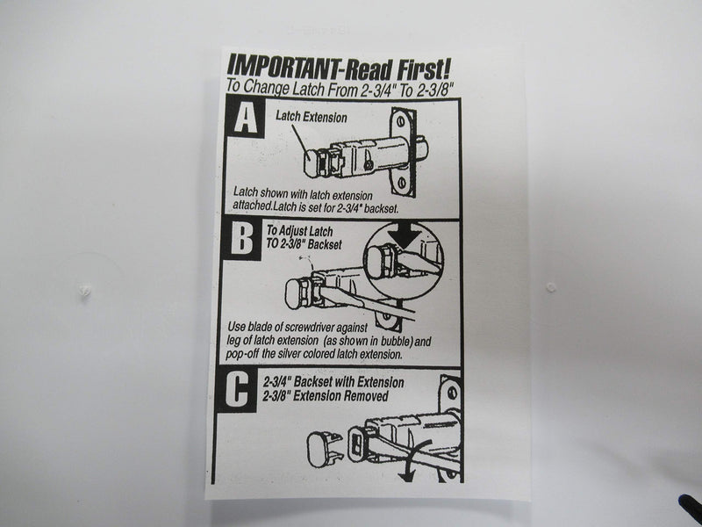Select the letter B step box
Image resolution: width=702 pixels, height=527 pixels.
point(242,239)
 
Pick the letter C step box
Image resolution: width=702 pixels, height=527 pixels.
point(237,388)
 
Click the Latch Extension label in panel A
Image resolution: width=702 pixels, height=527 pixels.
point(312,117)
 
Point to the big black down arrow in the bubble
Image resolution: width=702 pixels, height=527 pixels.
point(405,235)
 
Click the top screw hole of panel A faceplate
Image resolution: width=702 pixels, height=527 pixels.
point(400,122)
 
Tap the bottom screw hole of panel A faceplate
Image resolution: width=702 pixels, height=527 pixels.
point(401,182)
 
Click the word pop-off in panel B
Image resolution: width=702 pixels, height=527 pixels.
point(242,354)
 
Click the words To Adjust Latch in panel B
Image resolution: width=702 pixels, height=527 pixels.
point(299,231)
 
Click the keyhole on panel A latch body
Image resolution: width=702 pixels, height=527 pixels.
point(368,164)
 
